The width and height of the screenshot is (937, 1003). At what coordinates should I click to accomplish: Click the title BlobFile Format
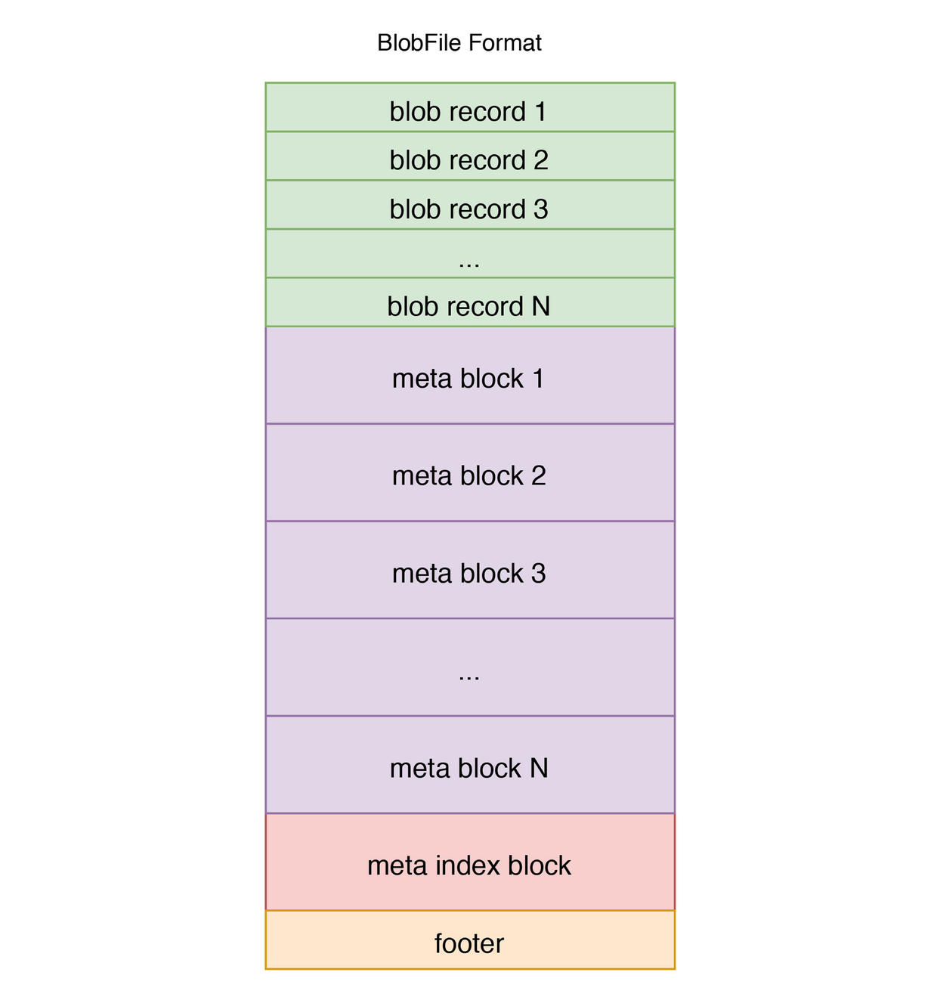(x=459, y=43)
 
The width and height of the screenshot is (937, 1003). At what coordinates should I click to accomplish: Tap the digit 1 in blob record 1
(x=540, y=112)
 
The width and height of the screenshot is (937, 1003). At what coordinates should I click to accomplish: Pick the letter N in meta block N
(x=539, y=769)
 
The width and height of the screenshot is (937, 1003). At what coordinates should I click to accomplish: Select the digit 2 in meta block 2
(x=538, y=476)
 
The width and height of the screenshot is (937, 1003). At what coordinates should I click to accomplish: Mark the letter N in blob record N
(x=541, y=307)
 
